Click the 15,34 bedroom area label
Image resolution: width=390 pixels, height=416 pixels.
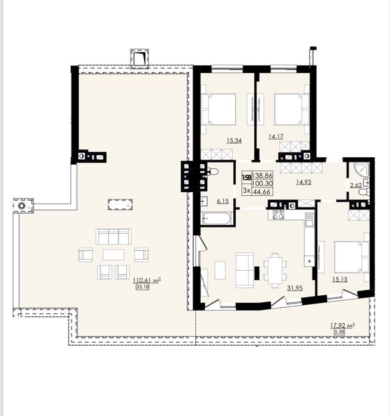click(x=234, y=140)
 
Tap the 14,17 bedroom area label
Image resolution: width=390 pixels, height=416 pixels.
click(x=276, y=137)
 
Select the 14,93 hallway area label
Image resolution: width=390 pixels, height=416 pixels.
click(x=304, y=182)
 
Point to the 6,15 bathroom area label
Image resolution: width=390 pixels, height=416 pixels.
click(x=223, y=201)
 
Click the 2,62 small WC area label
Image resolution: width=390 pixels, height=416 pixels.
click(x=355, y=186)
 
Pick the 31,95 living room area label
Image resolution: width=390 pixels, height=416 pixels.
click(x=295, y=288)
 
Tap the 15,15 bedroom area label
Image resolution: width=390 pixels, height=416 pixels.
click(x=340, y=279)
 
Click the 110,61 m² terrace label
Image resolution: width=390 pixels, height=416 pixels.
click(x=147, y=280)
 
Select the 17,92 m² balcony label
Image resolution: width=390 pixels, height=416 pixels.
click(x=342, y=326)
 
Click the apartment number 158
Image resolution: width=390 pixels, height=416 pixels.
click(x=247, y=177)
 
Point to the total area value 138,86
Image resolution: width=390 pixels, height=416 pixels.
click(x=263, y=176)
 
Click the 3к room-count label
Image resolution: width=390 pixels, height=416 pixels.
click(x=247, y=191)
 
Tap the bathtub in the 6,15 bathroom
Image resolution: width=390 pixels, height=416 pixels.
click(x=217, y=218)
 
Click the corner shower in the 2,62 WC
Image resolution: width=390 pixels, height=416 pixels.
click(x=361, y=170)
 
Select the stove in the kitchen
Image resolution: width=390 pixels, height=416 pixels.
click(x=278, y=214)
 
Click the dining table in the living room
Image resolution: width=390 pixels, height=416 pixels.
click(x=275, y=270)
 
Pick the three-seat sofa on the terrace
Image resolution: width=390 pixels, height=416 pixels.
click(x=113, y=236)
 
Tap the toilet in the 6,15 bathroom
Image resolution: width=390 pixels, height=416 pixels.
click(x=213, y=171)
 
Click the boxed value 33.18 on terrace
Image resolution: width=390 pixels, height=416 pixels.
click(x=142, y=286)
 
